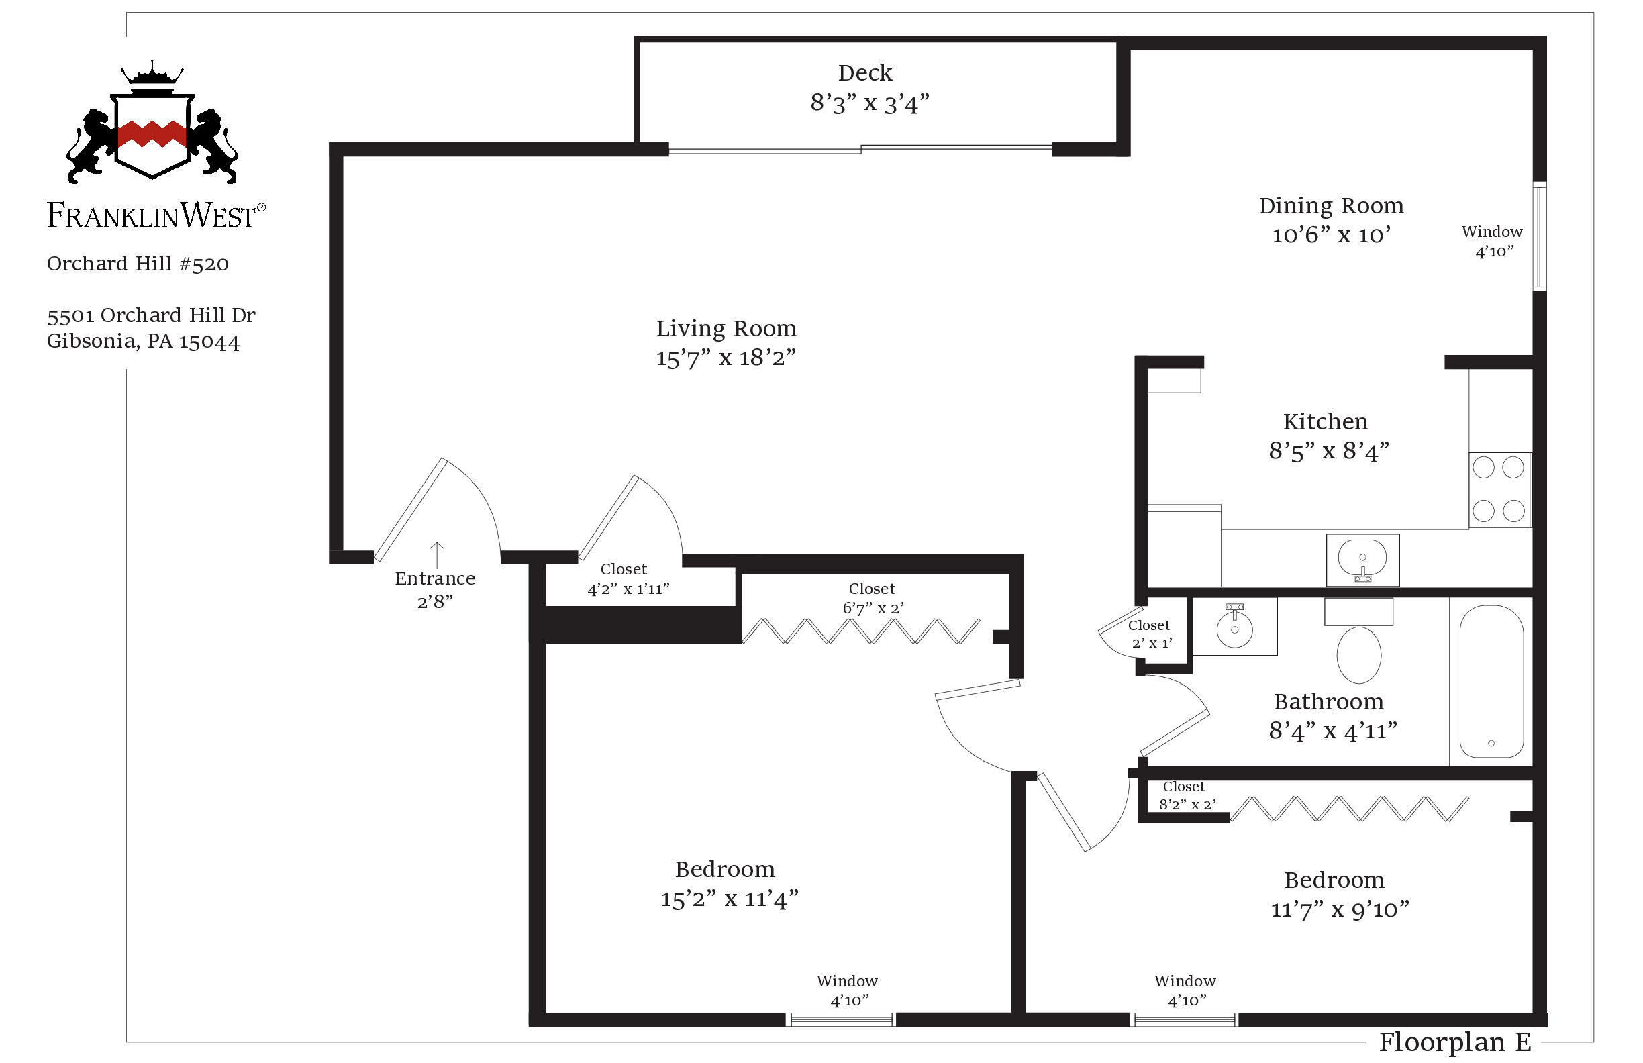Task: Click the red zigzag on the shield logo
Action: coord(152,134)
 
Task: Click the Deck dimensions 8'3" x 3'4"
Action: coord(869,103)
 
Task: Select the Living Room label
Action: coord(726,329)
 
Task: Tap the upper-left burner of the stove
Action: coord(1483,467)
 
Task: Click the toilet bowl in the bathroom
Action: coord(1358,654)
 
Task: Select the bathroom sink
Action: coord(1234,629)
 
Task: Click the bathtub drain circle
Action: coord(1491,744)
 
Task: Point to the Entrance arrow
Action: coord(436,554)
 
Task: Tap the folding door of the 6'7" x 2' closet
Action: coord(860,631)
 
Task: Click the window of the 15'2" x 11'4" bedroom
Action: coord(841,1019)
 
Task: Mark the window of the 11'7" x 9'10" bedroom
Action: coord(1185,1019)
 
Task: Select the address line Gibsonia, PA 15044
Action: coord(144,342)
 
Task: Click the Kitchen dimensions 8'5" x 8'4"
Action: coord(1328,452)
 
